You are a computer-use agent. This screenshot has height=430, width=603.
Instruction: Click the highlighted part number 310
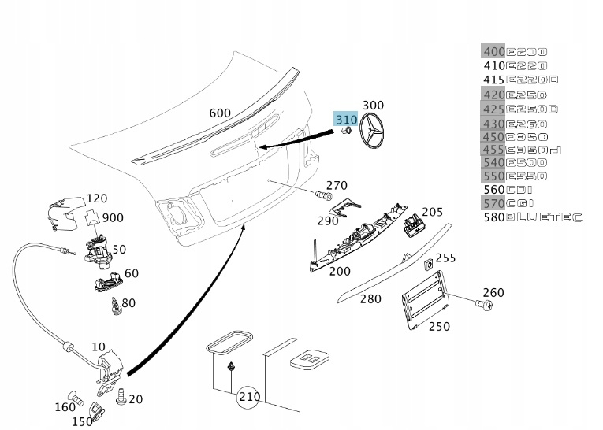point(345,120)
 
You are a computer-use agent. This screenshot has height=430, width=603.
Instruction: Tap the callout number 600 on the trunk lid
point(220,113)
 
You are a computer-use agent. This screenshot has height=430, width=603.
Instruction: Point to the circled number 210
point(249,397)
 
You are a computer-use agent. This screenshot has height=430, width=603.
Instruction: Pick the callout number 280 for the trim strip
point(370,298)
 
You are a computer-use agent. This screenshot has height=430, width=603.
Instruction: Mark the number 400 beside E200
point(493,52)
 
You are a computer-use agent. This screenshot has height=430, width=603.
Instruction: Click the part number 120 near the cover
point(97,198)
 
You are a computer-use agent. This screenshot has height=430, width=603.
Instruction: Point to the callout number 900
point(113,217)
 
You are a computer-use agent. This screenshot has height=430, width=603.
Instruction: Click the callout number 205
point(432,212)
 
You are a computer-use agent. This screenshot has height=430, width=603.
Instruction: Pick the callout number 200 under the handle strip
point(340,271)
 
